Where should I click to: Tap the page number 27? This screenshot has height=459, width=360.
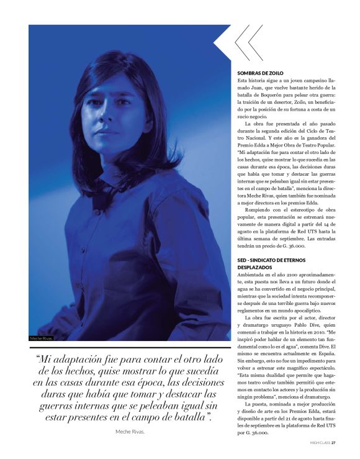pyautogui.click(x=333, y=443)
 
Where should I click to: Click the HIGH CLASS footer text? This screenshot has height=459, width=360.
pyautogui.click(x=320, y=443)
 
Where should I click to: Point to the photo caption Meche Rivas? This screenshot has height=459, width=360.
pyautogui.click(x=42, y=339)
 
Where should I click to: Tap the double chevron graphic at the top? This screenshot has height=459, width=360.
pyautogui.click(x=248, y=42)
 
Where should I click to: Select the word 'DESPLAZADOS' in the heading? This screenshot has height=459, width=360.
pyautogui.click(x=256, y=266)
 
